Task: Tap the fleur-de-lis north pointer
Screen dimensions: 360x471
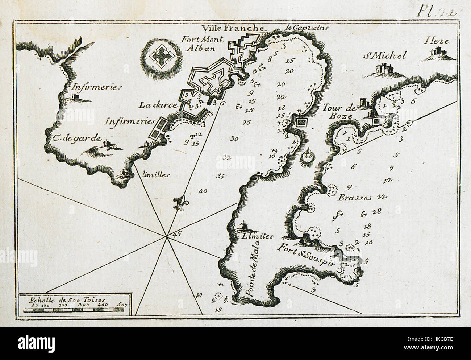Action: pyautogui.click(x=178, y=204)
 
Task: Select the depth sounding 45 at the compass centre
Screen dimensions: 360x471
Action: pyautogui.click(x=177, y=234)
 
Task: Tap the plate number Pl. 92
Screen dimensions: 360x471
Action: pyautogui.click(x=433, y=11)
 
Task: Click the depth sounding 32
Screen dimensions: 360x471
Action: pyautogui.click(x=227, y=157)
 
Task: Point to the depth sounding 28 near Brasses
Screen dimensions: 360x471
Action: pyautogui.click(x=376, y=211)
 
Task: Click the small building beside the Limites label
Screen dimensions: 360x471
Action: pyautogui.click(x=241, y=227)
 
